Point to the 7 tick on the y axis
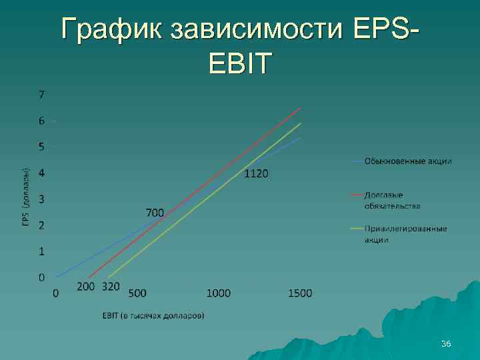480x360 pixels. click(x=41, y=95)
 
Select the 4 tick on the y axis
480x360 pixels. click(x=41, y=173)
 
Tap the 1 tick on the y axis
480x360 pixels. click(x=41, y=251)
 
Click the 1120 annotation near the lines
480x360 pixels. click(x=257, y=174)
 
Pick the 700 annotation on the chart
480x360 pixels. click(x=155, y=213)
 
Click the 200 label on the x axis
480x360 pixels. click(x=86, y=287)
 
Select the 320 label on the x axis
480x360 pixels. click(x=111, y=287)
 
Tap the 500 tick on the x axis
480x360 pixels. click(x=137, y=293)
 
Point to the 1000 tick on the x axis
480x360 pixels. click(x=219, y=293)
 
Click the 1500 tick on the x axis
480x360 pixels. click(x=300, y=293)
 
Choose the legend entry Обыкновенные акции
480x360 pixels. click(x=407, y=161)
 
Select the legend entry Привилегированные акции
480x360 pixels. click(x=405, y=234)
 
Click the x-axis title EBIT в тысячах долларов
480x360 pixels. click(x=153, y=315)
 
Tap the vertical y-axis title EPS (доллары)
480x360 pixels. click(x=25, y=196)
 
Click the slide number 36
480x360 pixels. click(x=446, y=343)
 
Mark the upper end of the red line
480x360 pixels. click(x=301, y=108)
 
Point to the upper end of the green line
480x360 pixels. click(x=301, y=123)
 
